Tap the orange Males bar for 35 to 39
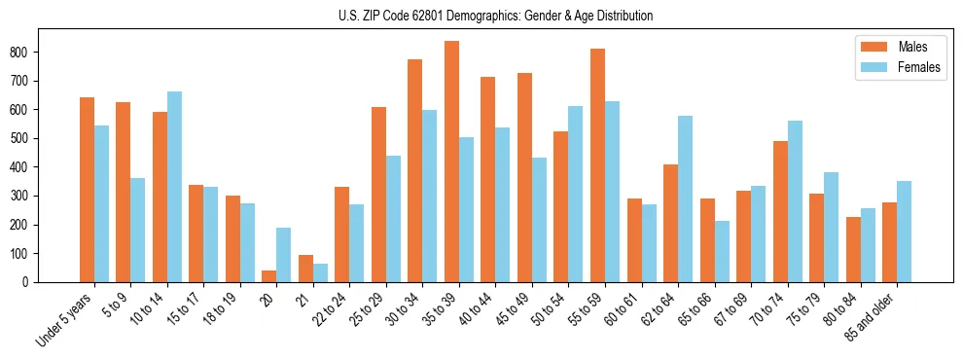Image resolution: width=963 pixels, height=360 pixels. [451, 162]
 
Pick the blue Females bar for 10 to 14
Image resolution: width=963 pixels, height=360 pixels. [174, 187]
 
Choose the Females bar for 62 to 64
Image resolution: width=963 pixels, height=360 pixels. [686, 199]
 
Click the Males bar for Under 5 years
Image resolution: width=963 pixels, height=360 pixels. [87, 190]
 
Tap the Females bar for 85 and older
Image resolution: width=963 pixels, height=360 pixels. [905, 232]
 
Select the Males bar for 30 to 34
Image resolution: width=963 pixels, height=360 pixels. [414, 171]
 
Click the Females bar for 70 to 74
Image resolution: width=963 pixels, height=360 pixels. [795, 201]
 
